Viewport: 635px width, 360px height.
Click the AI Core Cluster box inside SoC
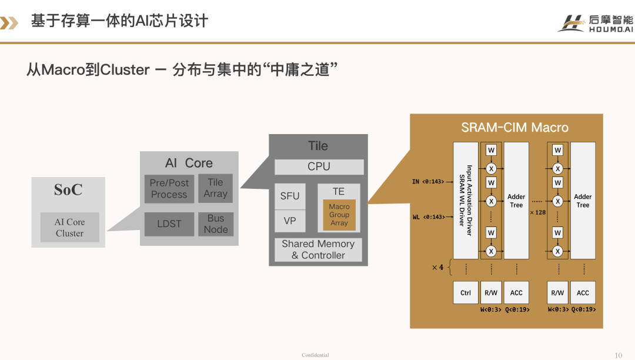pyautogui.click(x=69, y=227)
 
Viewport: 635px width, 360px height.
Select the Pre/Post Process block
pyautogui.click(x=169, y=189)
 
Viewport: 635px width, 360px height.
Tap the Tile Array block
pyautogui.click(x=215, y=188)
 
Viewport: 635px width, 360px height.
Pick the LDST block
pyautogui.click(x=169, y=224)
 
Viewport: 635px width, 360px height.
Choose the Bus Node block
pyautogui.click(x=215, y=224)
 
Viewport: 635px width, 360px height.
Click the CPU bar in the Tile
pyautogui.click(x=319, y=167)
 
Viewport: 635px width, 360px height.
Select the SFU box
pyautogui.click(x=290, y=196)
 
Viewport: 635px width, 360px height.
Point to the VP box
pyautogui.click(x=290, y=221)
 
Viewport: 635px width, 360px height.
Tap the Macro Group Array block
pyautogui.click(x=339, y=215)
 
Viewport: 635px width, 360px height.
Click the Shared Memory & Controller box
pyautogui.click(x=318, y=249)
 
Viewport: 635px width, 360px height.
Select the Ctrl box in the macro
pyautogui.click(x=466, y=293)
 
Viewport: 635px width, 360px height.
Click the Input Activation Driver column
pyautogui.click(x=466, y=201)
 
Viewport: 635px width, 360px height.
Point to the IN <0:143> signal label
pyautogui.click(x=427, y=182)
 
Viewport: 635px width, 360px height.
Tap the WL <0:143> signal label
pyautogui.click(x=429, y=217)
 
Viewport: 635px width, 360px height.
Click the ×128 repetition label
pyautogui.click(x=538, y=212)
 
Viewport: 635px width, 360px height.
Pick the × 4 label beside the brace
pyautogui.click(x=437, y=267)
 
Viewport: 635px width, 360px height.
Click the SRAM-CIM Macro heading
pyautogui.click(x=514, y=128)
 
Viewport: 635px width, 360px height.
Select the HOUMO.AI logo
pyautogui.click(x=595, y=24)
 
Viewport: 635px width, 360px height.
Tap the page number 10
pyautogui.click(x=618, y=355)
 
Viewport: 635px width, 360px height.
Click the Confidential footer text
pyautogui.click(x=315, y=355)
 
